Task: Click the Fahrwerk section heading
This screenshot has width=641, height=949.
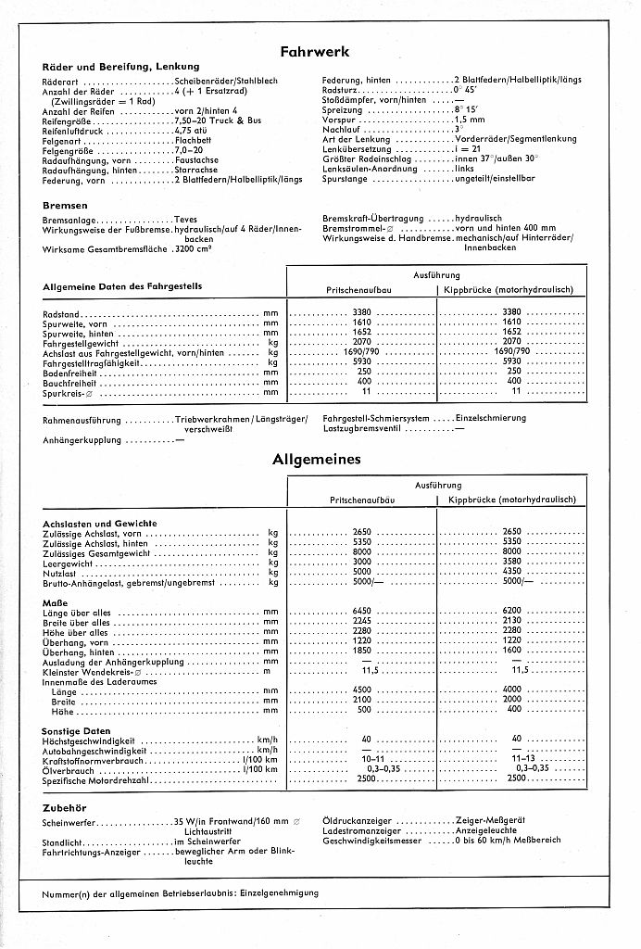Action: click(315, 52)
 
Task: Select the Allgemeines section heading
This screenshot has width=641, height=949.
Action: click(317, 459)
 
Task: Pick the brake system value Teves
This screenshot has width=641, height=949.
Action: click(185, 220)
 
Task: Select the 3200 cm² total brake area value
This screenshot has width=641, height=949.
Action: click(195, 250)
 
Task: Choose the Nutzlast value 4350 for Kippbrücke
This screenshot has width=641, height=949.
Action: click(512, 572)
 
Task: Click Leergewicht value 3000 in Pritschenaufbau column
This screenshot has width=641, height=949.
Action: click(362, 562)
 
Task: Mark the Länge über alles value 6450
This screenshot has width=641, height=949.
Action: click(362, 613)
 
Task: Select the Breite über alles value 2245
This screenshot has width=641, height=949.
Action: click(362, 623)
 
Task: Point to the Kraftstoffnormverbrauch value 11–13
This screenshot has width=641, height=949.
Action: click(512, 759)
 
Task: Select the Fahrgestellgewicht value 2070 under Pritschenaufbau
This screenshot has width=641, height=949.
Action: click(362, 342)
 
